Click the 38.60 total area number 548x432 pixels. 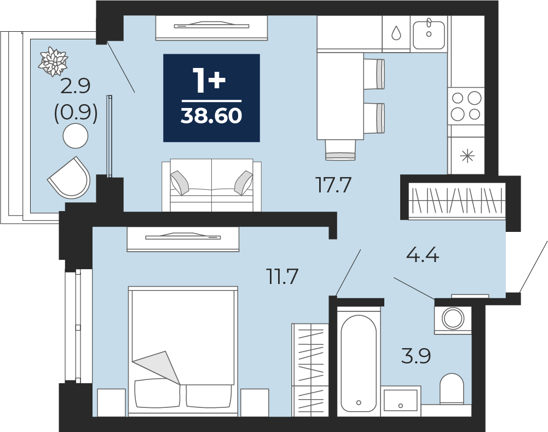point(211,116)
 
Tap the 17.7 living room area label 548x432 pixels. point(333,185)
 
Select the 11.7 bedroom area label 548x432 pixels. point(282,276)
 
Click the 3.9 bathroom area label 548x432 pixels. point(416,356)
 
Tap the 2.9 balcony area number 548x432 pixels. point(76,86)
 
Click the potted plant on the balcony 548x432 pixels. point(54,61)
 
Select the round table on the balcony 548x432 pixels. point(76,136)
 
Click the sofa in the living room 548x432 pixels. point(211,185)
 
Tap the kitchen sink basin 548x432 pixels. point(429,35)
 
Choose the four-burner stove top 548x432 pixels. point(466,105)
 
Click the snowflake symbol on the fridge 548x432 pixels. point(468,156)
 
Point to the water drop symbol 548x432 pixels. point(396,33)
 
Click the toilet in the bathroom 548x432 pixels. point(452,389)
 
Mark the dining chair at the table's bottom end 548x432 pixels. point(341,150)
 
